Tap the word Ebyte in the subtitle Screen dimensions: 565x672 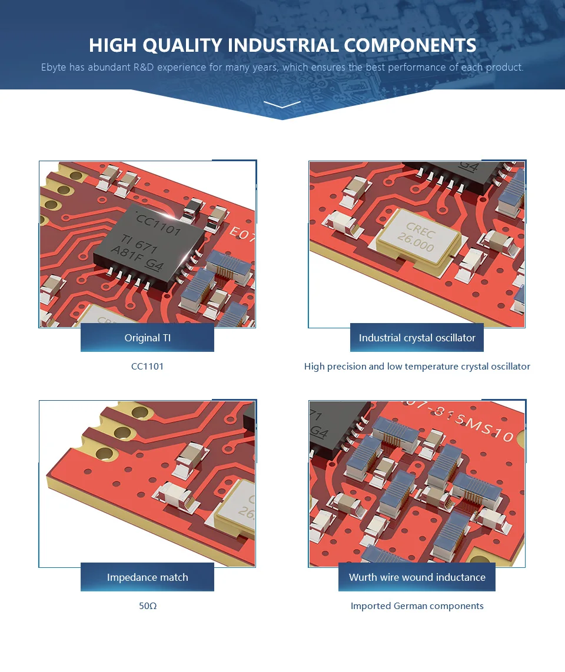click(x=54, y=67)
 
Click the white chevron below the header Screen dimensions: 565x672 click(x=282, y=105)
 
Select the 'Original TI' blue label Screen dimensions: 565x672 click(x=147, y=338)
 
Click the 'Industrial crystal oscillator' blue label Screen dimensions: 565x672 click(x=417, y=338)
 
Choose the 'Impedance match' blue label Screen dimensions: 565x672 click(x=147, y=577)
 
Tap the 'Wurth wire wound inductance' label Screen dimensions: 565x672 click(x=417, y=577)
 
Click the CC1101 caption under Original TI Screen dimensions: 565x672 click(x=147, y=367)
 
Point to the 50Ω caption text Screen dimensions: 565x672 click(x=148, y=606)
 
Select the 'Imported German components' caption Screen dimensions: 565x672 click(x=417, y=606)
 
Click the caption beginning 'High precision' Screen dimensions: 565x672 click(x=417, y=367)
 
